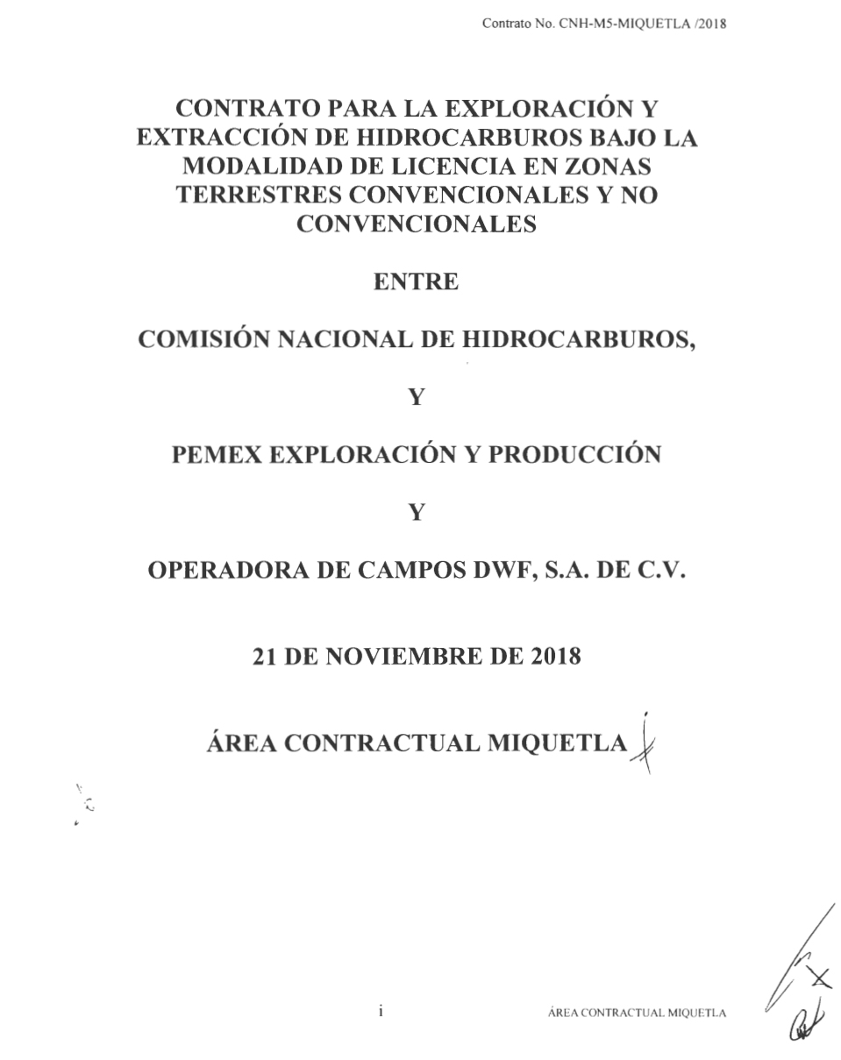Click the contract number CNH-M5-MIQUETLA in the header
point(616,24)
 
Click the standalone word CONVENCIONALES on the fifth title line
point(417,224)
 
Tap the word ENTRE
point(416,282)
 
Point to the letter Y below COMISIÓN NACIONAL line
point(417,397)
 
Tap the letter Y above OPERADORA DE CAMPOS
point(417,513)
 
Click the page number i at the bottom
point(381,1011)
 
